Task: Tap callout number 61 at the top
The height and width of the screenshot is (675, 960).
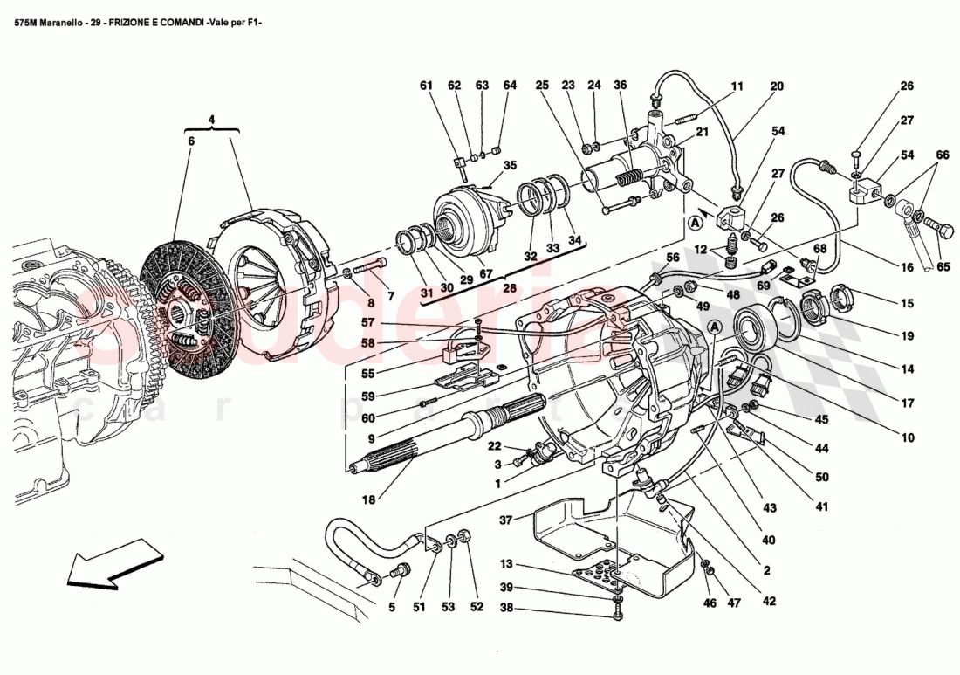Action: click(426, 86)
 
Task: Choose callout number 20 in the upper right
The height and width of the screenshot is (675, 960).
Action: click(776, 86)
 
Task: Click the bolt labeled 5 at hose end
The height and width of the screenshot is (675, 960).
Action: click(401, 573)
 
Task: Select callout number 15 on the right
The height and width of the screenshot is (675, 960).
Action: click(908, 304)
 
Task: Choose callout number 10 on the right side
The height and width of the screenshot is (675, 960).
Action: click(908, 437)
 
